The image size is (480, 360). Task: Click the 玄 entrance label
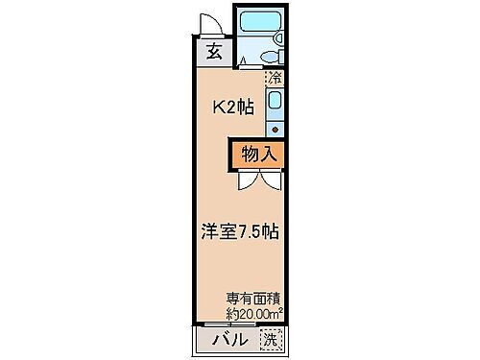click(213, 53)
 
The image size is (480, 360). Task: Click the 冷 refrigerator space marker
click(275, 76)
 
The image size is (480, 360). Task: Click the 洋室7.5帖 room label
click(240, 231)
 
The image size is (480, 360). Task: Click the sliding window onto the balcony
click(242, 325)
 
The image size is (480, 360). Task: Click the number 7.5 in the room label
click(254, 231)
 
